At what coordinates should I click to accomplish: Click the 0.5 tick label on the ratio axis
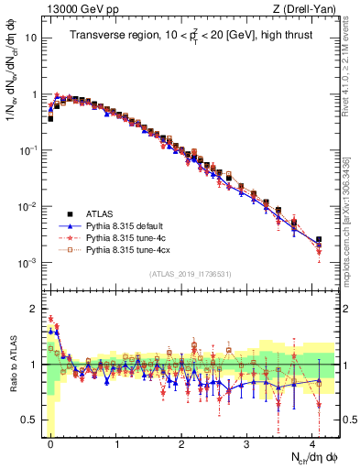tap(29, 420)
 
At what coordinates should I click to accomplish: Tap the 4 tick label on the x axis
tap(312, 442)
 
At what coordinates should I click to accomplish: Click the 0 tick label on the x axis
tap(51, 442)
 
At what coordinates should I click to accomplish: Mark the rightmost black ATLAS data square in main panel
tap(319, 240)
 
